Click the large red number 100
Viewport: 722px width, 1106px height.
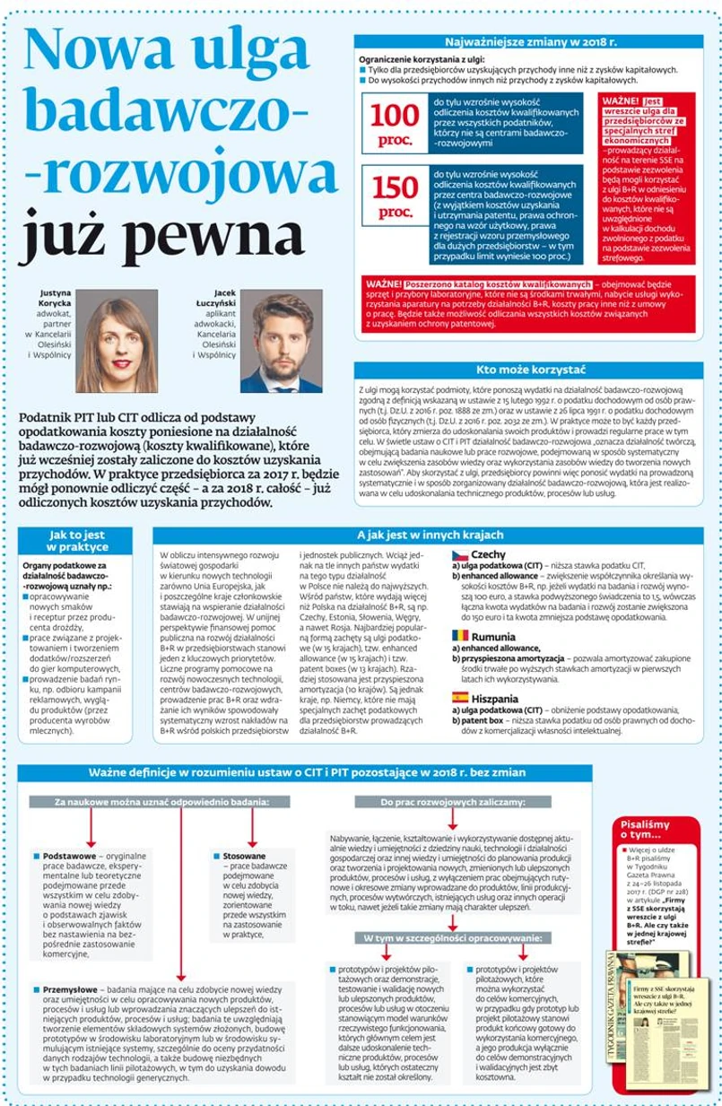395,116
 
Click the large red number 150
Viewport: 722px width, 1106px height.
395,187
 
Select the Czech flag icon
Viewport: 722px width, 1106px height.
458,555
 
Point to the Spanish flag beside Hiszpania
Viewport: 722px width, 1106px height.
458,696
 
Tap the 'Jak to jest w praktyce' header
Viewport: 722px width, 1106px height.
77,540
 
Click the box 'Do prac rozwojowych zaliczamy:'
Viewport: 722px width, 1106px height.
453,800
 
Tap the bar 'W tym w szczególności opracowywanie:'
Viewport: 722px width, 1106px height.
453,938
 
